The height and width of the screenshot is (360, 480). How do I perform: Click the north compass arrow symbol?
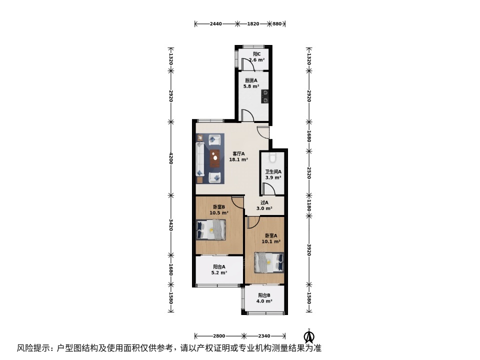click(x=309, y=336)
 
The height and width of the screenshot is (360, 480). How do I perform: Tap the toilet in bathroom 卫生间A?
click(x=272, y=156)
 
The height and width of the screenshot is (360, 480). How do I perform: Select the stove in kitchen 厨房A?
click(x=265, y=96)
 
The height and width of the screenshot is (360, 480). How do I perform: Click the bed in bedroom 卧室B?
click(x=211, y=229)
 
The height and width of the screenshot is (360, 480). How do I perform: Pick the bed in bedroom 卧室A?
click(x=269, y=262)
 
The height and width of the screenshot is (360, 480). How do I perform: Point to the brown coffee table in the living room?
click(x=215, y=158)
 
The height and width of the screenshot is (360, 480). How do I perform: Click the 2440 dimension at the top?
click(x=216, y=24)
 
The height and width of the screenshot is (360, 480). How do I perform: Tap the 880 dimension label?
click(x=277, y=24)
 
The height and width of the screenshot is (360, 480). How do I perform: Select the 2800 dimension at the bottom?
click(x=219, y=336)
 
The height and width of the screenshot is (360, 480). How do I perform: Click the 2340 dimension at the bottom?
click(x=264, y=336)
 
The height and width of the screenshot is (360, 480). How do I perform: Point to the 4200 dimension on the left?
click(x=171, y=158)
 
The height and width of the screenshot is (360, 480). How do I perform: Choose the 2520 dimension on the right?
click(x=309, y=173)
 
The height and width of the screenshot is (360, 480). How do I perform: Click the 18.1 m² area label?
click(x=238, y=159)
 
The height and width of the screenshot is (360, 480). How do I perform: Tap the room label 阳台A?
click(x=219, y=267)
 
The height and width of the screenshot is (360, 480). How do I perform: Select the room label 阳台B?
click(x=264, y=295)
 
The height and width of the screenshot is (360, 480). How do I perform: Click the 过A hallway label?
click(x=264, y=202)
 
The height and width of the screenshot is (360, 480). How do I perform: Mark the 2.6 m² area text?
click(x=256, y=60)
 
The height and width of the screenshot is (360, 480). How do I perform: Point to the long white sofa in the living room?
click(x=200, y=158)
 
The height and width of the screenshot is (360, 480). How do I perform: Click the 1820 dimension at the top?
click(x=253, y=24)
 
